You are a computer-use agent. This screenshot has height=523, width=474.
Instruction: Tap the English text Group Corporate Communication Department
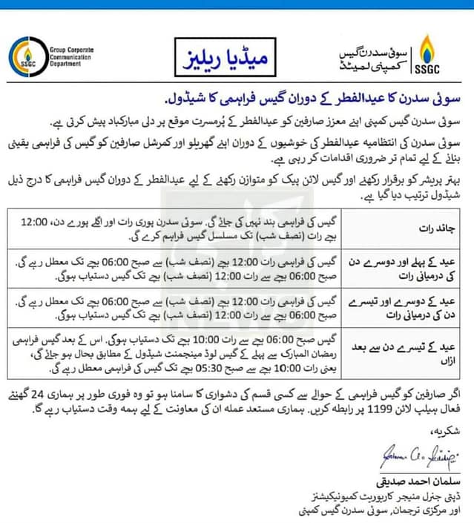coord(70,55)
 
